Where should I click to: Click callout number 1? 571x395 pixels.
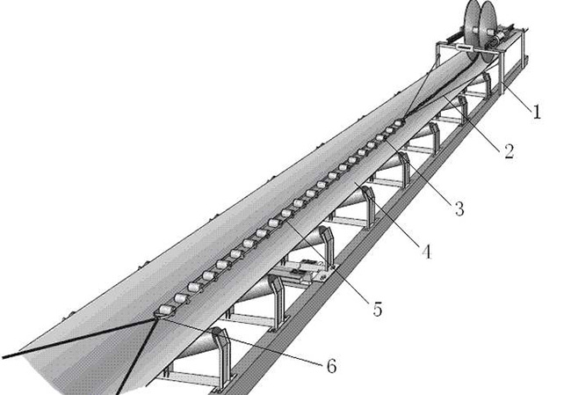coord(536,112)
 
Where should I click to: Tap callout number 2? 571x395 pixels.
coord(510,150)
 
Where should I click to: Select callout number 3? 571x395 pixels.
coord(459,208)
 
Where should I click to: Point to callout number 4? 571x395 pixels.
coord(426,252)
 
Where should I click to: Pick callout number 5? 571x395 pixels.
coord(378,310)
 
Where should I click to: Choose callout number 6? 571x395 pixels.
coord(331,366)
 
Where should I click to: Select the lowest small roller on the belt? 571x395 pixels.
coord(165,311)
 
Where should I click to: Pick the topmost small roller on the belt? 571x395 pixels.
coord(399,123)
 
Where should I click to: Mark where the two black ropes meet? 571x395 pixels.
coord(157,318)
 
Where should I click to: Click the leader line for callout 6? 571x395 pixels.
coord(241,341)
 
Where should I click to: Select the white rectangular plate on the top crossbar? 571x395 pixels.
coord(462,48)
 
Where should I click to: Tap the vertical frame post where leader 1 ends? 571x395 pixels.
coord(502,73)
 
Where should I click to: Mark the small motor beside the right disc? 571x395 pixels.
coord(497,38)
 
